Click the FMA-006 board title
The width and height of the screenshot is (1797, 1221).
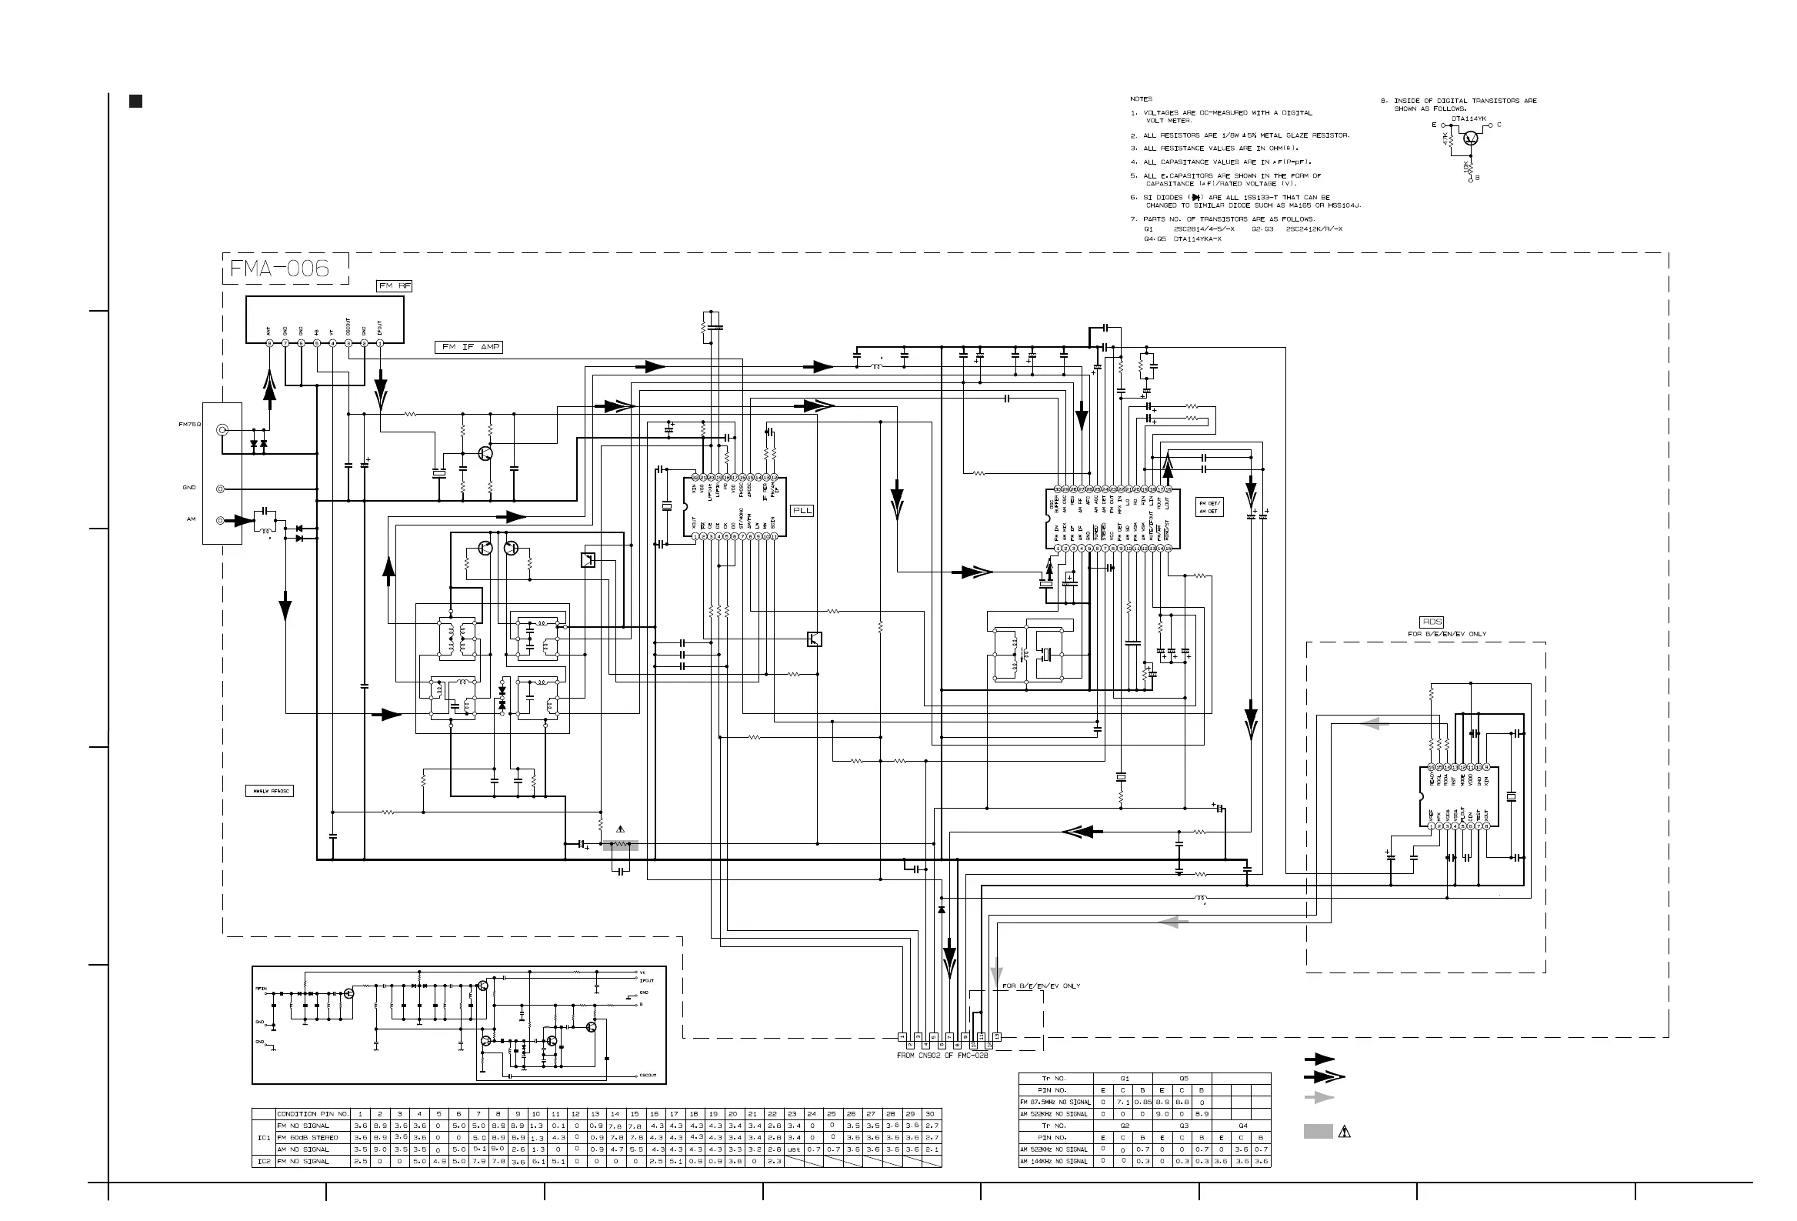point(280,269)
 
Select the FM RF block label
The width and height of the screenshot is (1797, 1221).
point(395,286)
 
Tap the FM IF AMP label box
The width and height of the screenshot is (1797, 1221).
point(469,347)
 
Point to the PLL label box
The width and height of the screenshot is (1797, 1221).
point(802,510)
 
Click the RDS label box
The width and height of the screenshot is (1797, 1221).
point(1432,622)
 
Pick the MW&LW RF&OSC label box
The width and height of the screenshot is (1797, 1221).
point(270,791)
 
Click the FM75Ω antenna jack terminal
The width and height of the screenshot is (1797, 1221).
point(221,429)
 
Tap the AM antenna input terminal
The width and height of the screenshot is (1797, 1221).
point(220,520)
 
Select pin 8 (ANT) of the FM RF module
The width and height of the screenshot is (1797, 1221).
point(269,343)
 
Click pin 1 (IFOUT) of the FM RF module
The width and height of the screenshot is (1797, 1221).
point(380,343)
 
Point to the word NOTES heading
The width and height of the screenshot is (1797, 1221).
point(1141,99)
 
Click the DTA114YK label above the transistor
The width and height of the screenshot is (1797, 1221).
point(1469,118)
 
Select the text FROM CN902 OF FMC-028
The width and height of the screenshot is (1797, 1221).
point(942,1056)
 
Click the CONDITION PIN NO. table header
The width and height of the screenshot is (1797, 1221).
point(313,1114)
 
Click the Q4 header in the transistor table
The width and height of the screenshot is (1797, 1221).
point(1242,1126)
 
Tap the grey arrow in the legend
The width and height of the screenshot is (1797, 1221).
point(1319,1097)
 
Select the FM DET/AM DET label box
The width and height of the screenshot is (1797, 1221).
point(1209,507)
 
